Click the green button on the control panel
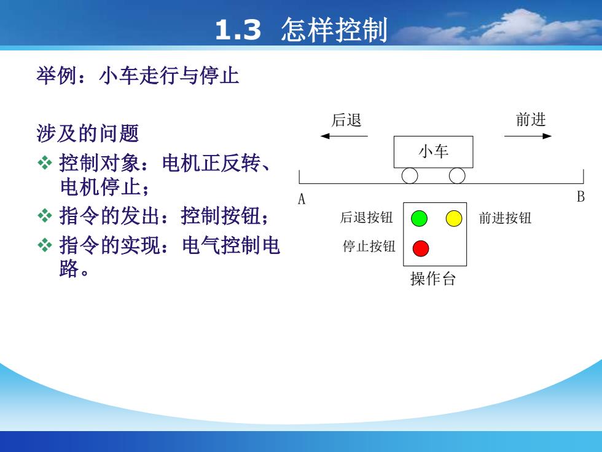[419, 218]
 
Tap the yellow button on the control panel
[454, 218]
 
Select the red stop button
[421, 248]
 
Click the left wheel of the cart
[410, 176]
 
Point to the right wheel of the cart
[457, 176]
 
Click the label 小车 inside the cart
[434, 151]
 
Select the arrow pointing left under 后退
[344, 136]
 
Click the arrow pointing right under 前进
[528, 136]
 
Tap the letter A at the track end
[302, 199]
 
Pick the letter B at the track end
[580, 197]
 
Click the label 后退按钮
[366, 218]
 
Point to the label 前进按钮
[505, 218]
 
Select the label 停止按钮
[369, 247]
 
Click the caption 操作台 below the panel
[433, 279]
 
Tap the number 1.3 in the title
[238, 30]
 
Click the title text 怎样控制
[334, 30]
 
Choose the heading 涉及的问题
[87, 133]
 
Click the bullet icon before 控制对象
[45, 163]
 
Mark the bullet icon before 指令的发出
[45, 216]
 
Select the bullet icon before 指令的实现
[45, 245]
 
